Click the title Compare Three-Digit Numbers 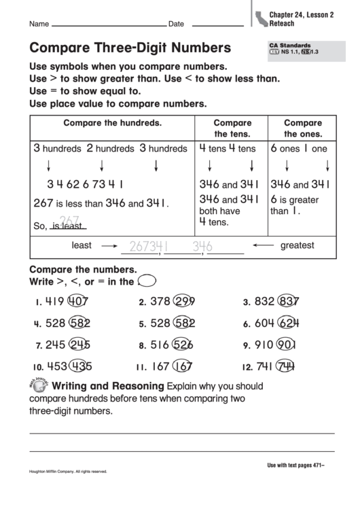coord(129,48)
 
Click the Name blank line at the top coord(108,24)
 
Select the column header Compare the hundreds coord(112,124)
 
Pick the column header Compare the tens coord(232,128)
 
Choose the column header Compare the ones coord(302,128)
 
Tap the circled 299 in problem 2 coord(182,302)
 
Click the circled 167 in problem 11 coord(181,367)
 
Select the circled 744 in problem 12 coord(285,367)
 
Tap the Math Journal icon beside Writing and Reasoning coord(38,385)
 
